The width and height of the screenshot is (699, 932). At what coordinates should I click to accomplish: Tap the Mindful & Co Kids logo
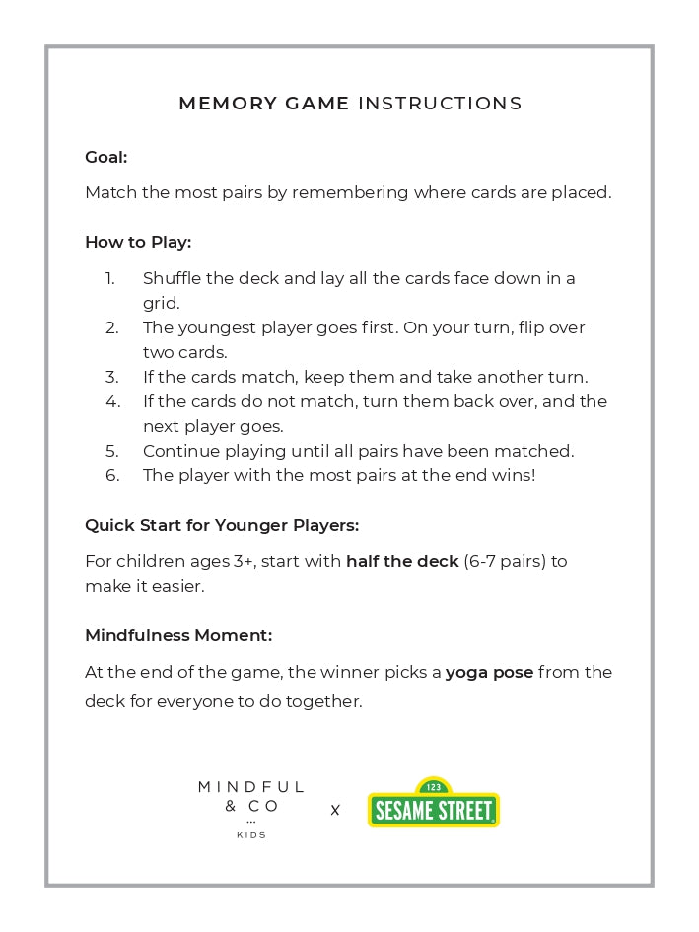coord(251,808)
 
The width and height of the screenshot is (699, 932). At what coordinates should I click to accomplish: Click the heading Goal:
coord(105,157)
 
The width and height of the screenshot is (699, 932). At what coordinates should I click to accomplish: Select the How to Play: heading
coord(138,242)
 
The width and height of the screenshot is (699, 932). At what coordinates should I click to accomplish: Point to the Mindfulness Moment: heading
coord(178,635)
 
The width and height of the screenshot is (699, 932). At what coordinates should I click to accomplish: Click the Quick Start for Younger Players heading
coord(222,525)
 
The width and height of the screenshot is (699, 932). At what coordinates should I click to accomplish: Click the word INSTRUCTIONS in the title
coord(440,104)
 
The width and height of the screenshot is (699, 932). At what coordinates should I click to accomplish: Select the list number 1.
coord(110,278)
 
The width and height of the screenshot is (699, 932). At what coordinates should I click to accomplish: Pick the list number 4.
coord(112,401)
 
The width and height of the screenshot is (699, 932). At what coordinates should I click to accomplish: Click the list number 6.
coord(112,475)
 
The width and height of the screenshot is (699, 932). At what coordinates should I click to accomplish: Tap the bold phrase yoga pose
coord(489,672)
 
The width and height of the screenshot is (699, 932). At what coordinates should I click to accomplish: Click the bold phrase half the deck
coord(402,561)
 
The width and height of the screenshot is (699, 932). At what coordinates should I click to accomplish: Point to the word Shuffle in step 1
coord(174,278)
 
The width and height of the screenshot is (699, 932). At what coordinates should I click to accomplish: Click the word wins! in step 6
coord(512,475)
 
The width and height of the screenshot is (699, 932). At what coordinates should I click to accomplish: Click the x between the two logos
coord(335,810)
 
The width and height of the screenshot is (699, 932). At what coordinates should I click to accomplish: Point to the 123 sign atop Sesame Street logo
coord(433,787)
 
